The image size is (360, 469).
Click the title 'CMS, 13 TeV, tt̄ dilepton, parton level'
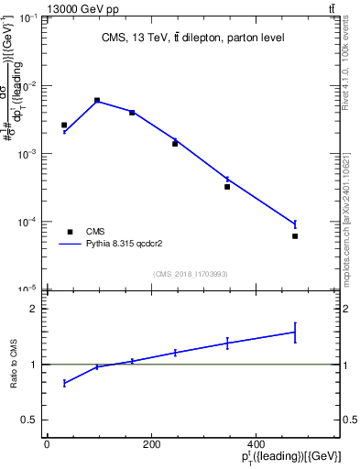tap(192, 38)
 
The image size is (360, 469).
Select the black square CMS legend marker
tap(69, 232)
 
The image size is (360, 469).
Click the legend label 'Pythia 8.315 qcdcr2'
tap(124, 245)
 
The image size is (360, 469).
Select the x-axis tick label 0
tap(47, 444)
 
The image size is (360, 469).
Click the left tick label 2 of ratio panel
tap(35, 310)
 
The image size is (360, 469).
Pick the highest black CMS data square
tap(97, 100)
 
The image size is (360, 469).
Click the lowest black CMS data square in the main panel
tap(295, 236)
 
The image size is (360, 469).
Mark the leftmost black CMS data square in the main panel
tap(64, 125)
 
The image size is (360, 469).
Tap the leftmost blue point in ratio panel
tap(64, 383)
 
